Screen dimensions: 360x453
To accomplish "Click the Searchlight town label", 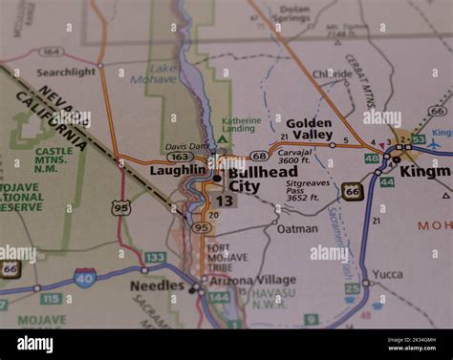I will pos(66,72).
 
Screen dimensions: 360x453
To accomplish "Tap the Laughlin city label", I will pos(179,170).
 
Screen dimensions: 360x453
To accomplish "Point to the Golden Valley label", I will pos(310,129).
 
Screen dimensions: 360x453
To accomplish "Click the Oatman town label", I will pos(297,229).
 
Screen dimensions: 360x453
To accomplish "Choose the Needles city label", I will pos(157,286).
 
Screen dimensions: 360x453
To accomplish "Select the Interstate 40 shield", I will pos(85,277).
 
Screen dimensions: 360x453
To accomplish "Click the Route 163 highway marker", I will pos(180,157).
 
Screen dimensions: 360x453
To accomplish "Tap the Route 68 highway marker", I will pos(259,155).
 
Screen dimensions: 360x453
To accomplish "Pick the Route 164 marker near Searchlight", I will pos(52,52).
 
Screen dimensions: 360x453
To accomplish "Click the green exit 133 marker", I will pos(155,258).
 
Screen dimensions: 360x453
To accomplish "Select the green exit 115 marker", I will pos(52,299).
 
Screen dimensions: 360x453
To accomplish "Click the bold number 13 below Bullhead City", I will pos(225,201).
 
